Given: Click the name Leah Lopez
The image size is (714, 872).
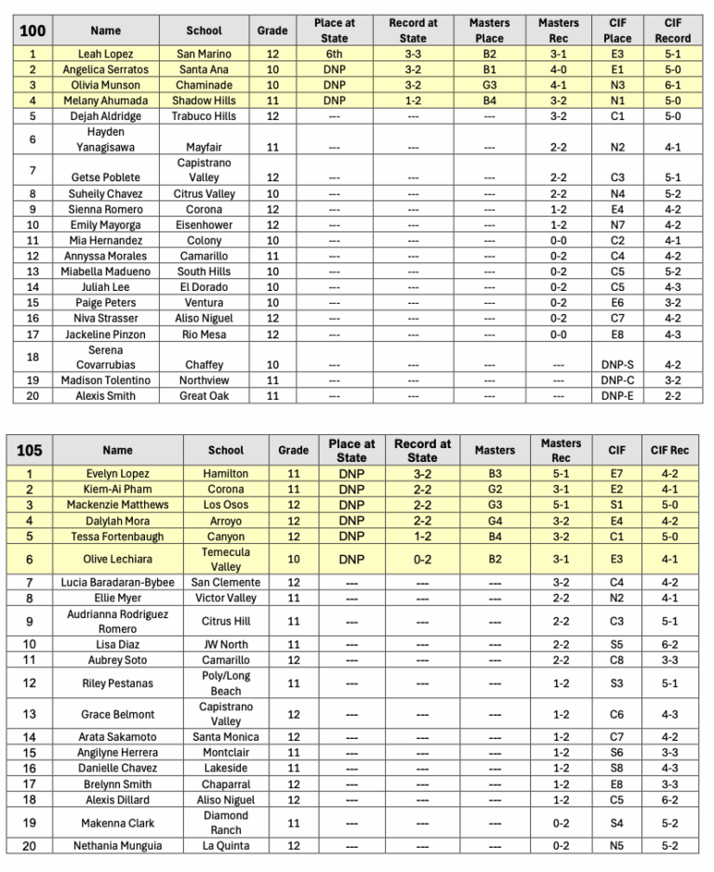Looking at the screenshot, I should [105, 54].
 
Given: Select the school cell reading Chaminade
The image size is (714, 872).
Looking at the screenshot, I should [204, 86].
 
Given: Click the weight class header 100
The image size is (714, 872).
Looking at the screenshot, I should [32, 31].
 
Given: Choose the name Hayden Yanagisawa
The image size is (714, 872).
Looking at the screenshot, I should [105, 139].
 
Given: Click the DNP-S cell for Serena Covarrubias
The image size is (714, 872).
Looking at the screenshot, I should [617, 365].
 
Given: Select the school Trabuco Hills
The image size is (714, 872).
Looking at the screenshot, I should [204, 116].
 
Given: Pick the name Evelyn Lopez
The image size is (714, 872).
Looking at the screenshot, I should [117, 473].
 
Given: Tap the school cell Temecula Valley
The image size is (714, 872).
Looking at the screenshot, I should [226, 559].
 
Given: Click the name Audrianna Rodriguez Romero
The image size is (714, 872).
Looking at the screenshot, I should [117, 621].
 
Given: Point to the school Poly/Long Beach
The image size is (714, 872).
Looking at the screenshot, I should [226, 683].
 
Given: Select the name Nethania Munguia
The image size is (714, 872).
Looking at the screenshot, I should [117, 846].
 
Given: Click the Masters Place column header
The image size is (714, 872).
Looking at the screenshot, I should [489, 31].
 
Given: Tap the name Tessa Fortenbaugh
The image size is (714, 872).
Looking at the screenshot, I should [117, 536].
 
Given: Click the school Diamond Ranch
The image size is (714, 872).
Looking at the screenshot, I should [226, 823].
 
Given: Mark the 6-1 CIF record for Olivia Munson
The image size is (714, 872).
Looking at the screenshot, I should [672, 86].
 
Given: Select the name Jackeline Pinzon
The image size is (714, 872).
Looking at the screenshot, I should [105, 335].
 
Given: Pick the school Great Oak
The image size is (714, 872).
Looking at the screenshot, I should [204, 396].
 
